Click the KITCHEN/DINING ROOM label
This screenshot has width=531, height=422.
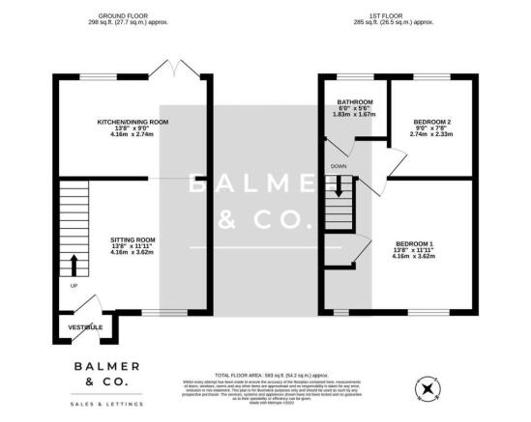tap(133, 122)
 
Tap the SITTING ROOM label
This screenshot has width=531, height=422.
tap(133, 239)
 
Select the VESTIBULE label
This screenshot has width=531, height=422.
tap(85, 328)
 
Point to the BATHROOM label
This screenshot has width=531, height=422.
tap(354, 100)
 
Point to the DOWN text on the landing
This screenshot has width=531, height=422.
tap(339, 166)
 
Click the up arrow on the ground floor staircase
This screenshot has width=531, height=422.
tap(74, 263)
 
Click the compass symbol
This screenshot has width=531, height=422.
tap(426, 389)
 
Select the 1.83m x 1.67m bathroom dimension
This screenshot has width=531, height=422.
tap(354, 115)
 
